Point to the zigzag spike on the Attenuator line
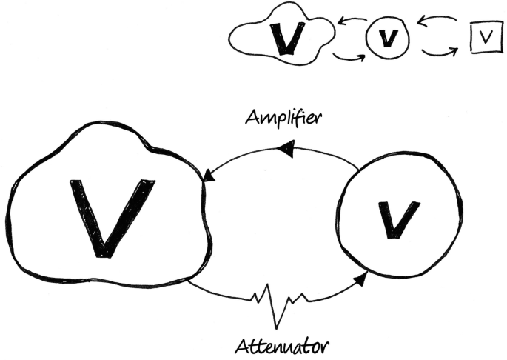point(280,306)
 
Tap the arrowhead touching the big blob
point(209,176)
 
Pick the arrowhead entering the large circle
point(360,279)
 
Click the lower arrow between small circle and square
point(442,51)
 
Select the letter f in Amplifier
point(296,119)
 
